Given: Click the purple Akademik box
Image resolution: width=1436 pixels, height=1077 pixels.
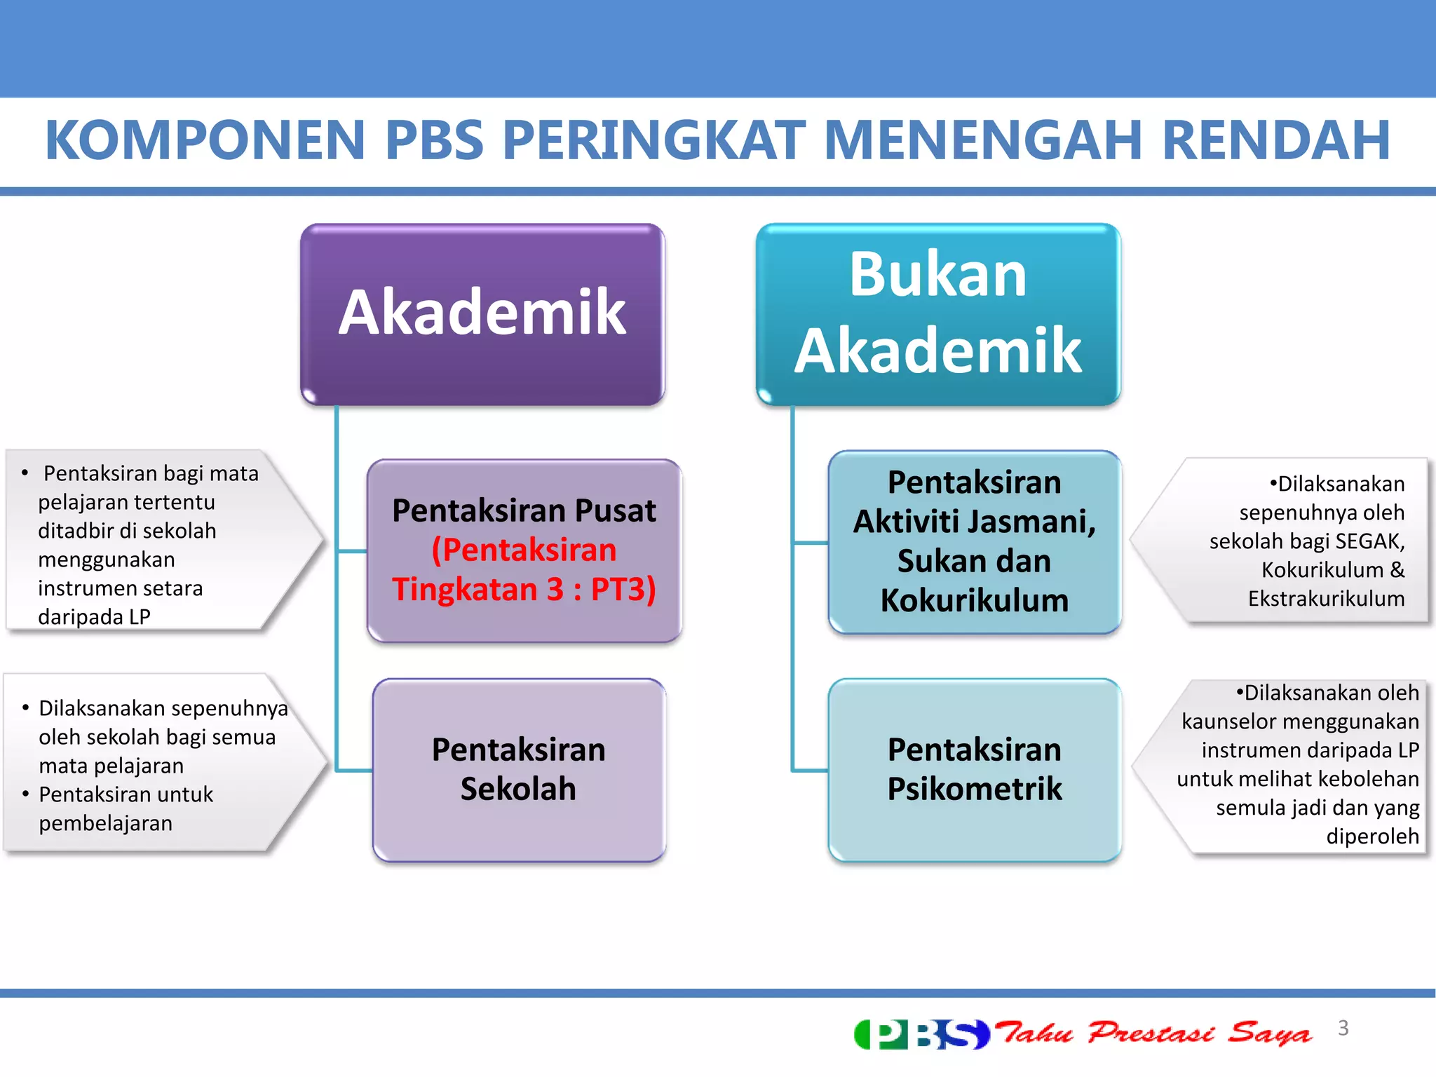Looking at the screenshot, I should point(482,313).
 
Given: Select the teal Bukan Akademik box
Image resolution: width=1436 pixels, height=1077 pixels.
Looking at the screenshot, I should point(937,313).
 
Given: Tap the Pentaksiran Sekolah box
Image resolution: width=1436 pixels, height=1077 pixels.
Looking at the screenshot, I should point(518,769).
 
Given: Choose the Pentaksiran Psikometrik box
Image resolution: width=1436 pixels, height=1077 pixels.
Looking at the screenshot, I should point(974,769).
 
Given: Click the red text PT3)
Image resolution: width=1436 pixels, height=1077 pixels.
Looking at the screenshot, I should point(623,589).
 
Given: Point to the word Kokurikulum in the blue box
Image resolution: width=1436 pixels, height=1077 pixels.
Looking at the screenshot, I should point(974,601).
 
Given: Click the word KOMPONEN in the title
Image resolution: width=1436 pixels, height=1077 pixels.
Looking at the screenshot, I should point(205,140).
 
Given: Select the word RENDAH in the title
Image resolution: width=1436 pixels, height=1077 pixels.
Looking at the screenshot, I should point(1276,140).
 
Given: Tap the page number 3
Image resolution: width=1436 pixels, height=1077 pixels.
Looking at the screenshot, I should point(1343,1028).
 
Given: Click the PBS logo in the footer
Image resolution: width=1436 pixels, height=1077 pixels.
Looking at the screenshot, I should point(921,1034).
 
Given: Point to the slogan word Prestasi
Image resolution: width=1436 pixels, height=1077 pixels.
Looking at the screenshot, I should point(1150,1033).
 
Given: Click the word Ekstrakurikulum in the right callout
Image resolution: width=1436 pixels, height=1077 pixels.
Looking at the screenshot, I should point(1326,599).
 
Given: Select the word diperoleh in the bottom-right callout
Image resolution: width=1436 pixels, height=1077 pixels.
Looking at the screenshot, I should point(1372,836).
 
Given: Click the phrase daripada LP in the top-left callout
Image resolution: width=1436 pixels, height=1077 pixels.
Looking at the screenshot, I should point(94,617).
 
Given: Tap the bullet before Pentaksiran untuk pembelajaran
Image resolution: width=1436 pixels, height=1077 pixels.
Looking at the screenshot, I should point(26,794).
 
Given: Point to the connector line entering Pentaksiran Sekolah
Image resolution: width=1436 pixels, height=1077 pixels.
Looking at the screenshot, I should point(354,771).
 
